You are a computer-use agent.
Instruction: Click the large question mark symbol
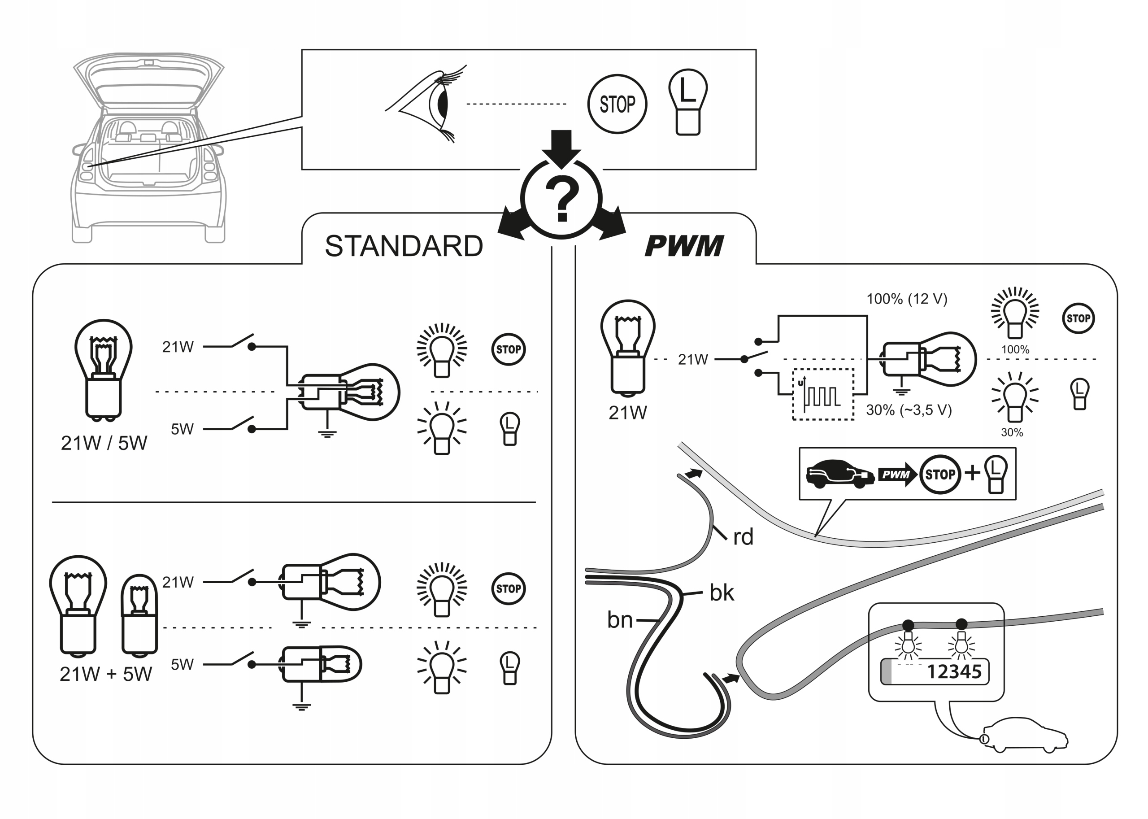pos(561,199)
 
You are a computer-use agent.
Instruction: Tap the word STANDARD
pos(404,246)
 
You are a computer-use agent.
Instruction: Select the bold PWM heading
pos(684,246)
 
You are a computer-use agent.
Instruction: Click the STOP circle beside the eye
pos(617,105)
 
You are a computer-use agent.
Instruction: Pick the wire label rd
pos(743,537)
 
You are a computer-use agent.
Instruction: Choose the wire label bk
pos(722,592)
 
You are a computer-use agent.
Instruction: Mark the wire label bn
pos(620,620)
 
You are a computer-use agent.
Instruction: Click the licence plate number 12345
pos(954,672)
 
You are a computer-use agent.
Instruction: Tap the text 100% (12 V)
pos(906,299)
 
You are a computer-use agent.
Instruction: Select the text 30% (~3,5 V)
pos(909,410)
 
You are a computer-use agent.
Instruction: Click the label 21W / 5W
pos(104,443)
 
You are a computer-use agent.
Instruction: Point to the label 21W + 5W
pos(105,674)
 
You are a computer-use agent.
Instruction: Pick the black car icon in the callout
pos(839,474)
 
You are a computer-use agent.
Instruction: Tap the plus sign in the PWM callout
pos(973,473)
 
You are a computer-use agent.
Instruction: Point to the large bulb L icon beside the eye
pos(688,102)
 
